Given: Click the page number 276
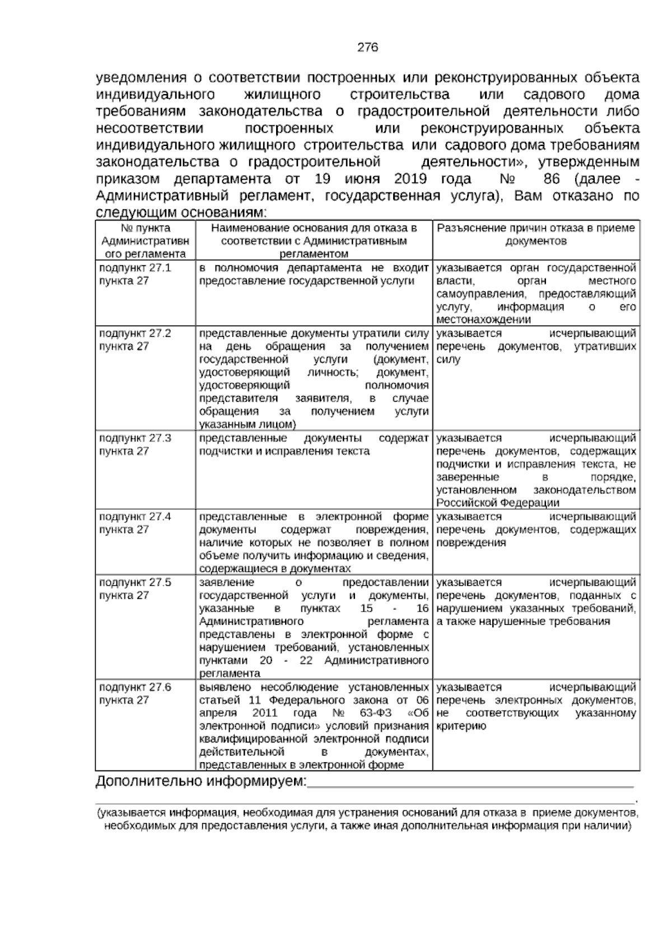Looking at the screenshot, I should [x=368, y=48].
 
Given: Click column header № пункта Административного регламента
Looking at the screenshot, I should [x=145, y=241].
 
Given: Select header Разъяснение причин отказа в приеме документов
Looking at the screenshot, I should [x=536, y=234].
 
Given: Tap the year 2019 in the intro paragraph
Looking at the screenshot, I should [x=410, y=179].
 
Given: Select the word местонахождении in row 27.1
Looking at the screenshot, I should [x=483, y=320].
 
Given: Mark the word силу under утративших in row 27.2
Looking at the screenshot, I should [x=448, y=360].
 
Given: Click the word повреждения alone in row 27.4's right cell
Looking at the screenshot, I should [x=471, y=543].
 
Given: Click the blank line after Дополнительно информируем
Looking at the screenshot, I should [x=470, y=784].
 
